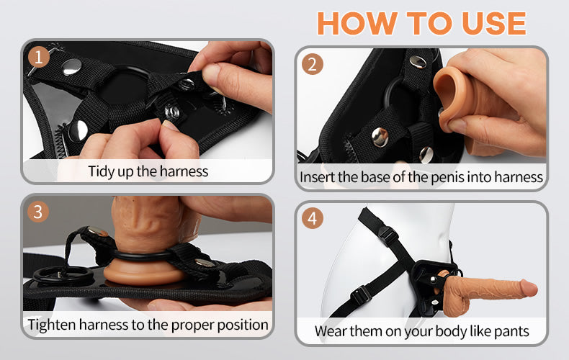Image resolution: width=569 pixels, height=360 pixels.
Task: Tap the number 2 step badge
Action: point(312,64)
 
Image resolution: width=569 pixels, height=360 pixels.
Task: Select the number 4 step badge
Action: point(312,218)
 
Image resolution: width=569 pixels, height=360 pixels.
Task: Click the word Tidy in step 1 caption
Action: point(102,171)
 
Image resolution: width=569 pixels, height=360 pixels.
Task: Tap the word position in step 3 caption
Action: point(243,325)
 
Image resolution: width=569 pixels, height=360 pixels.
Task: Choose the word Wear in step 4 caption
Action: point(331,332)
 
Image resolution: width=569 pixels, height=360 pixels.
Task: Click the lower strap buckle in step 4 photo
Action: point(360,294)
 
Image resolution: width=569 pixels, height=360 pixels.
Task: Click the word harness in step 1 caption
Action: point(184,171)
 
